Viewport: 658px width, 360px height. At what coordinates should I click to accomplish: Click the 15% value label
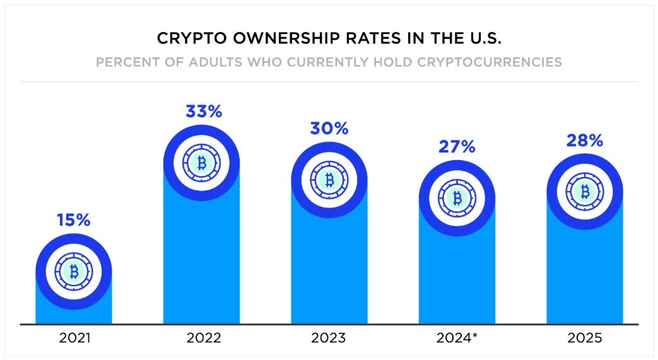click(74, 221)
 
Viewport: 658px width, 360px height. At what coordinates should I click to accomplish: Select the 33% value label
click(203, 112)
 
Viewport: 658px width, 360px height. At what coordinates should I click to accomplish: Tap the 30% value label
click(329, 129)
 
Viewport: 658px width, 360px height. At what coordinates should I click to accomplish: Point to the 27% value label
click(456, 148)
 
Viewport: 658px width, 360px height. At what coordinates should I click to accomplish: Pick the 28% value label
click(584, 141)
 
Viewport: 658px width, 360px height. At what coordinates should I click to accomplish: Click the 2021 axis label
click(74, 338)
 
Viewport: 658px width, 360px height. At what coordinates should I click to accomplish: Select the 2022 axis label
click(203, 338)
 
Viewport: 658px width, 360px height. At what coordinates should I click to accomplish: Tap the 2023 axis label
click(329, 338)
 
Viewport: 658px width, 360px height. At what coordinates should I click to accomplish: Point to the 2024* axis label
click(457, 338)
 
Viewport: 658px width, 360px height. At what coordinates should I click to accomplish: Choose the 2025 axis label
click(584, 338)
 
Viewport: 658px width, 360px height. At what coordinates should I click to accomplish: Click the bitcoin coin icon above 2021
click(74, 272)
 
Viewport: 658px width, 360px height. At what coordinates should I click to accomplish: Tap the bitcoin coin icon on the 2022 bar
click(202, 163)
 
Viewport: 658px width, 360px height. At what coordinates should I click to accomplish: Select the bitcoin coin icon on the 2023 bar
click(329, 180)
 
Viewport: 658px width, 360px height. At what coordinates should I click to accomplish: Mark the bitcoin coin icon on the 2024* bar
click(457, 198)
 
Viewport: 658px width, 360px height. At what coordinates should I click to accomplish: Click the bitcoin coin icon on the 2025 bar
click(585, 191)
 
